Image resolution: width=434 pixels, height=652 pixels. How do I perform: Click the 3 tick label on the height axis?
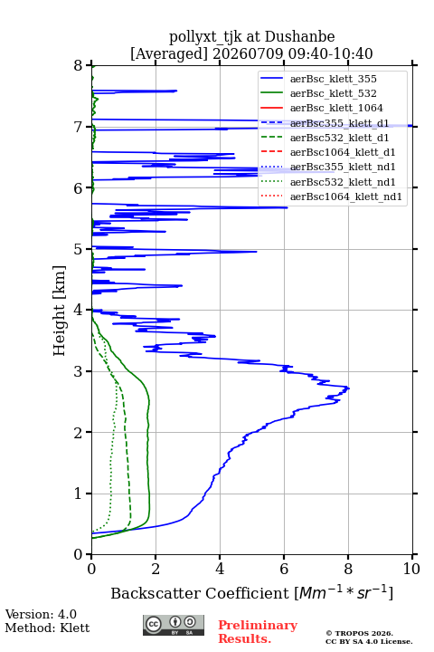point(79,371)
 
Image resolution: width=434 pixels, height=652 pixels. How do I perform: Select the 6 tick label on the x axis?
point(284,569)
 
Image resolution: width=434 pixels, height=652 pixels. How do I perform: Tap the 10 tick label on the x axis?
point(412,569)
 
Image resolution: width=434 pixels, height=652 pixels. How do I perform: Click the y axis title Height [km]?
point(59,311)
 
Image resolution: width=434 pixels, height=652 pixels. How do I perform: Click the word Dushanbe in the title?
point(300,36)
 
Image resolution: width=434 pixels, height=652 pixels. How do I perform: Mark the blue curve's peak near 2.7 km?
point(349,388)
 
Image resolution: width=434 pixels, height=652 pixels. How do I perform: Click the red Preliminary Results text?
point(258,632)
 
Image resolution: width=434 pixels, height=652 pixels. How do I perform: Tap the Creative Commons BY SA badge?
point(174,626)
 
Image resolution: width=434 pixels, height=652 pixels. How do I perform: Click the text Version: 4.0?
point(41,614)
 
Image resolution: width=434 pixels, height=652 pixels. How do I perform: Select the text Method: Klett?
point(47,628)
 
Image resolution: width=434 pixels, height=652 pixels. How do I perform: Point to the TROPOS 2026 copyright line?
point(359,633)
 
